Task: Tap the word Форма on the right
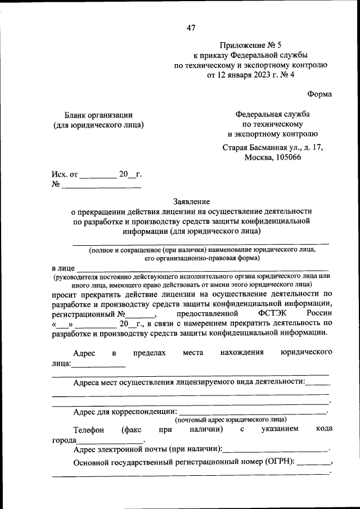(x=319, y=93)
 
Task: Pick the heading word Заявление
(x=191, y=201)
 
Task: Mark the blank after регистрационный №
(x=139, y=314)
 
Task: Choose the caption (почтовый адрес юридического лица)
(x=231, y=420)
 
